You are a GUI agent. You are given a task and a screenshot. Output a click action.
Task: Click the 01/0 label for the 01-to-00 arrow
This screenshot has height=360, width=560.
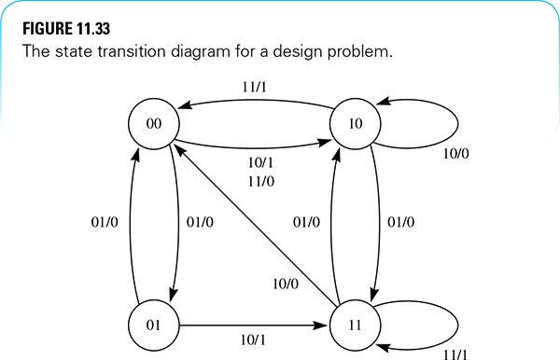[x=105, y=223]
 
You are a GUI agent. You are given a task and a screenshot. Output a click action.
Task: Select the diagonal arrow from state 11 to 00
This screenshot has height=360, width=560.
[x=252, y=224]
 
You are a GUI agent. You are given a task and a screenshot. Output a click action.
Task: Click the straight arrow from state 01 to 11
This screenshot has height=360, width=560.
[x=252, y=325]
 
